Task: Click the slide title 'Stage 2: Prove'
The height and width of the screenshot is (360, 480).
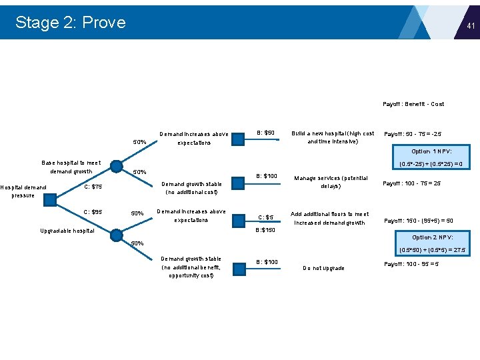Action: pyautogui.click(x=70, y=22)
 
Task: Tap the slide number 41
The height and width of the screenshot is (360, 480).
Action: pyautogui.click(x=471, y=26)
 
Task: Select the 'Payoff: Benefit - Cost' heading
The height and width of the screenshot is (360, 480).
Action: pyautogui.click(x=413, y=104)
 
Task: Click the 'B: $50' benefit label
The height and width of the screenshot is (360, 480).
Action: pyautogui.click(x=266, y=133)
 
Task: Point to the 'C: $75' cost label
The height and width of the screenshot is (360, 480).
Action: pyautogui.click(x=93, y=187)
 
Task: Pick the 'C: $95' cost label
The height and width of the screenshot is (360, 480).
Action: pyautogui.click(x=93, y=212)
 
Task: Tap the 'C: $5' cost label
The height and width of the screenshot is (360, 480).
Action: pyautogui.click(x=266, y=217)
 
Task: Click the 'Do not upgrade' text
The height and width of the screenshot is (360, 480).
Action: pyautogui.click(x=324, y=268)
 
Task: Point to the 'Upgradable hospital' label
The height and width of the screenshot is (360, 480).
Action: pyautogui.click(x=67, y=231)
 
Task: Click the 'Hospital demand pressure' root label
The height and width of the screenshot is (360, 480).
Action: pyautogui.click(x=23, y=191)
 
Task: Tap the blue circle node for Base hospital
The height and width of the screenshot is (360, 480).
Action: pyautogui.click(x=116, y=166)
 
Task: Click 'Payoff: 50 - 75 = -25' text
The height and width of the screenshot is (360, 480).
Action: pyautogui.click(x=413, y=134)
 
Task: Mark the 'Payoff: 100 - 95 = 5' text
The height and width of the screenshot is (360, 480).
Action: pyautogui.click(x=411, y=264)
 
